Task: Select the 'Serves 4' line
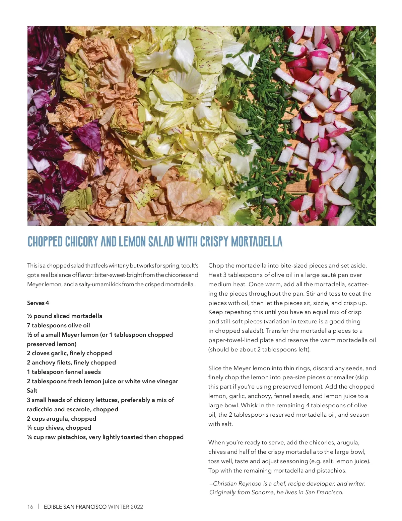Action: [x=38, y=303]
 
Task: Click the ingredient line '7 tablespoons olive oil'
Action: [x=58, y=325]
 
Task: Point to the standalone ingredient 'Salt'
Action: [x=32, y=391]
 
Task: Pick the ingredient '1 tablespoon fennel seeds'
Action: [x=64, y=372]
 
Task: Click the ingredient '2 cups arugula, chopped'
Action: [x=61, y=419]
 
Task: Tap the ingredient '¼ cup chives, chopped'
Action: [x=59, y=428]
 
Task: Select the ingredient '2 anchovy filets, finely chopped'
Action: [x=71, y=362]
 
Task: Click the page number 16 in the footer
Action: [x=30, y=507]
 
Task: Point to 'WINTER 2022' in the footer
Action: [x=126, y=507]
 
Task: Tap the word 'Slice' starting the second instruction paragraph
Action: [x=215, y=368]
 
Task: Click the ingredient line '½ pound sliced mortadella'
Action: [x=65, y=316]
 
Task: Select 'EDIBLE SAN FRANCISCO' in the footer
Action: [x=75, y=507]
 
